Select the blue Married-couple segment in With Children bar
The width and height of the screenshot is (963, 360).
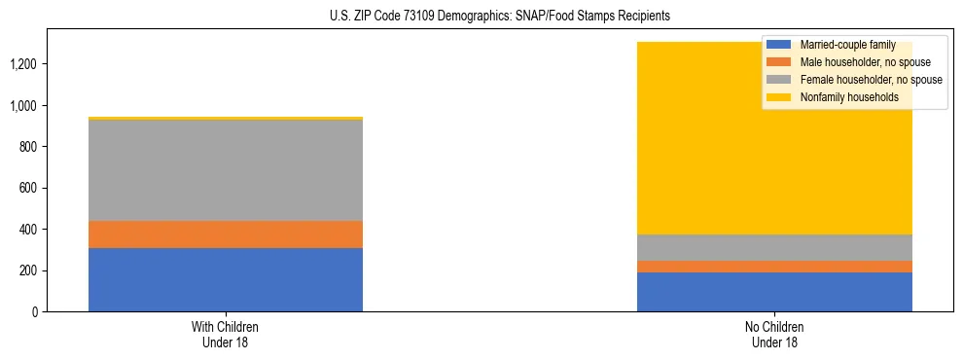coord(226,279)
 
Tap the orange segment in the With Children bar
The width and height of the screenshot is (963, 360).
coord(226,234)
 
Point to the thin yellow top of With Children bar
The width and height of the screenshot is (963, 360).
coord(226,119)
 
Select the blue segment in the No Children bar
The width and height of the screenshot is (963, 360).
coord(774,292)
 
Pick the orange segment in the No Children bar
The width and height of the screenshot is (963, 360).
coord(774,267)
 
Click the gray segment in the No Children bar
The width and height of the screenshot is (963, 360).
coord(774,247)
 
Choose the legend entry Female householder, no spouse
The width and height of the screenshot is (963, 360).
coord(870,81)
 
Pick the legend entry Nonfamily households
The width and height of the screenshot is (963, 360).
coord(847,98)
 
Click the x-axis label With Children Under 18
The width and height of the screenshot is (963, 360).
coord(226,334)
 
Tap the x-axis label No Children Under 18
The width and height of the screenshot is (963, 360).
coord(774,334)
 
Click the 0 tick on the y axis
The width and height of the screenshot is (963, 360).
coord(36,311)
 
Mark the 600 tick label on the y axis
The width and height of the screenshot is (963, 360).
coord(30,188)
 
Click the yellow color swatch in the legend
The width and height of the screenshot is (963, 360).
coord(779,98)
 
